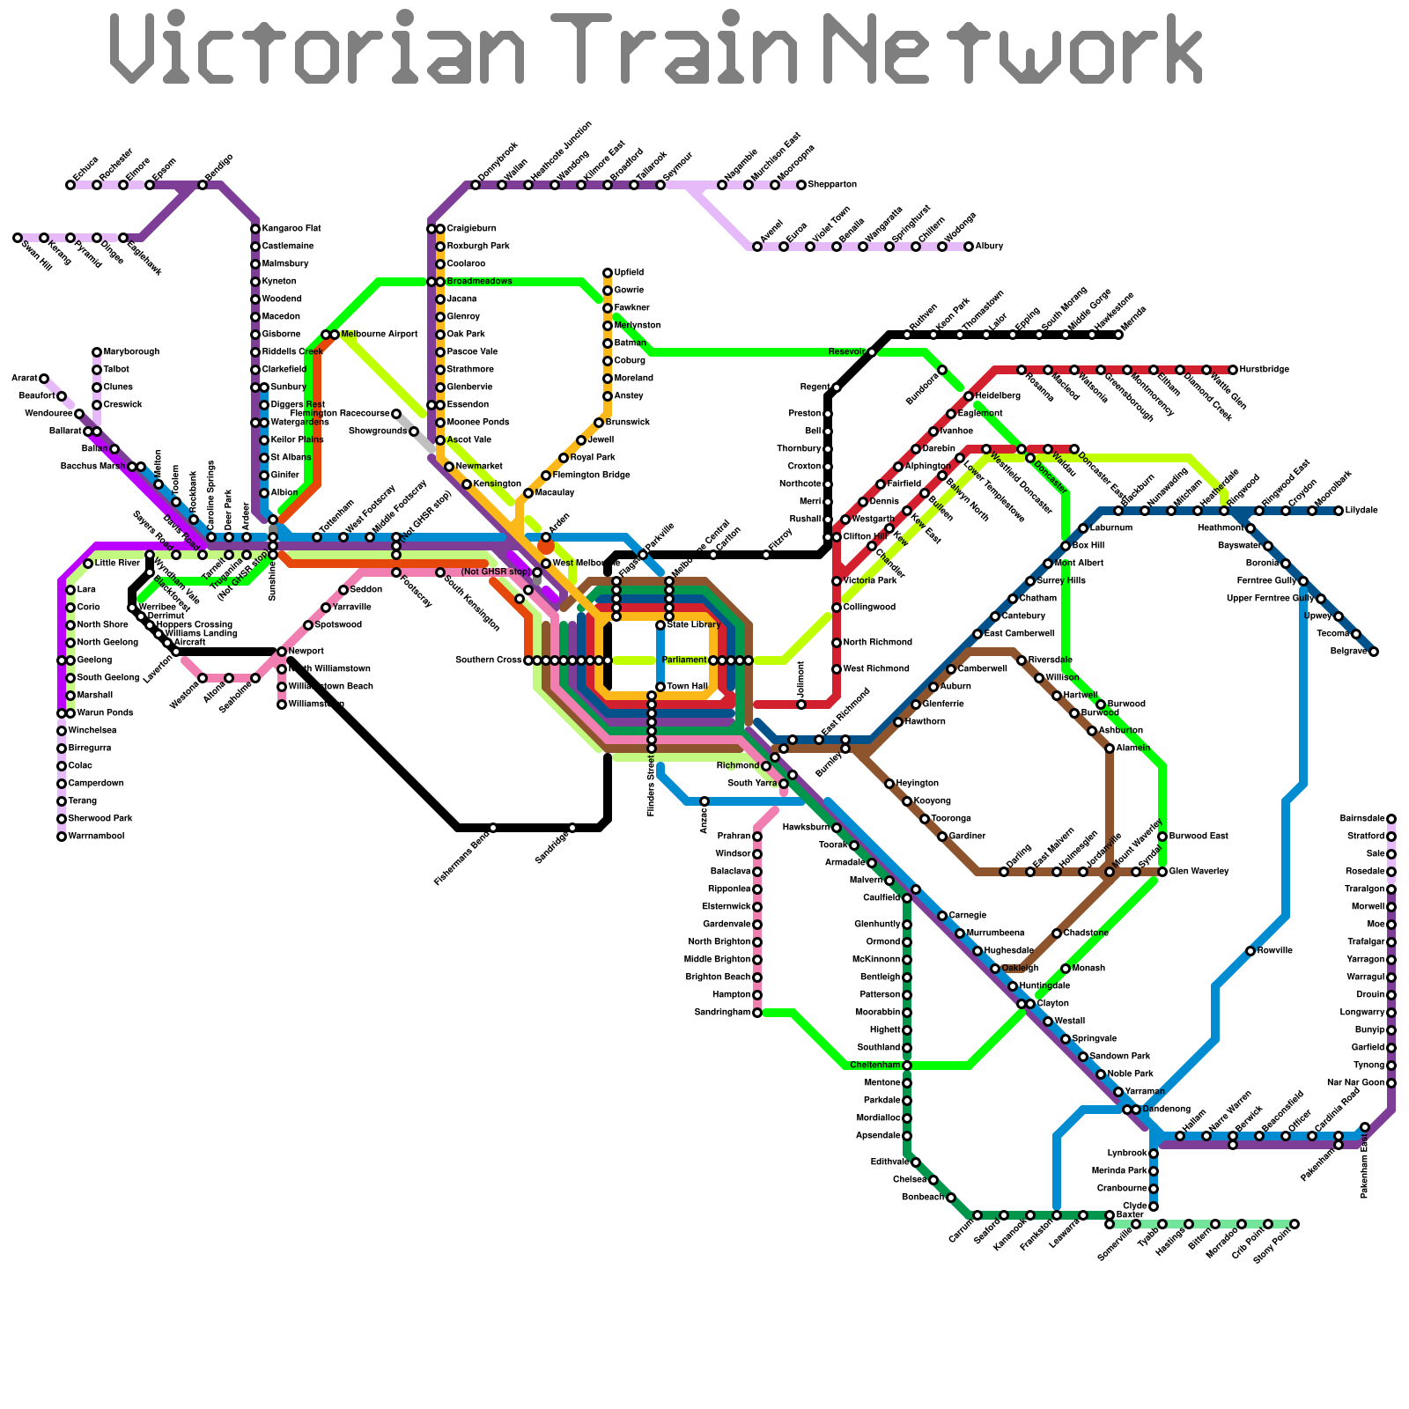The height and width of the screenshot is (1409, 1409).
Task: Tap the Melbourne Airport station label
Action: pyautogui.click(x=379, y=335)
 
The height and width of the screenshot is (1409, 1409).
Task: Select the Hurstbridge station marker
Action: pyautogui.click(x=1233, y=370)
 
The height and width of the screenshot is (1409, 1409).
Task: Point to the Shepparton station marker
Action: pyautogui.click(x=801, y=185)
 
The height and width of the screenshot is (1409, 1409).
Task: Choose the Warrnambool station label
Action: pyautogui.click(x=97, y=837)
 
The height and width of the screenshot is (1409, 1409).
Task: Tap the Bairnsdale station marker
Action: pyautogui.click(x=1391, y=819)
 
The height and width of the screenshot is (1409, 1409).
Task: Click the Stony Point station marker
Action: pyautogui.click(x=1295, y=1224)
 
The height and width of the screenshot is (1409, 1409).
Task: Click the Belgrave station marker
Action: pyautogui.click(x=1374, y=652)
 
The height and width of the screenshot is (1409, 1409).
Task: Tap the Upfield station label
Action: pyautogui.click(x=629, y=273)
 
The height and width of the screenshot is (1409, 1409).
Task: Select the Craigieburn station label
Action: pyautogui.click(x=471, y=229)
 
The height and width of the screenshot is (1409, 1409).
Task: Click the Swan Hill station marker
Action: pyautogui.click(x=18, y=238)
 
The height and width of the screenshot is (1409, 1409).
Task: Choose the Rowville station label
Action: pyautogui.click(x=1274, y=951)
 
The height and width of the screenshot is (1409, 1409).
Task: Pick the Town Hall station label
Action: pyautogui.click(x=687, y=687)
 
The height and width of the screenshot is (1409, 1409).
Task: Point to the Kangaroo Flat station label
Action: pyautogui.click(x=291, y=229)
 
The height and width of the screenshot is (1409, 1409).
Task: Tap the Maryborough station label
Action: pyautogui.click(x=131, y=352)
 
